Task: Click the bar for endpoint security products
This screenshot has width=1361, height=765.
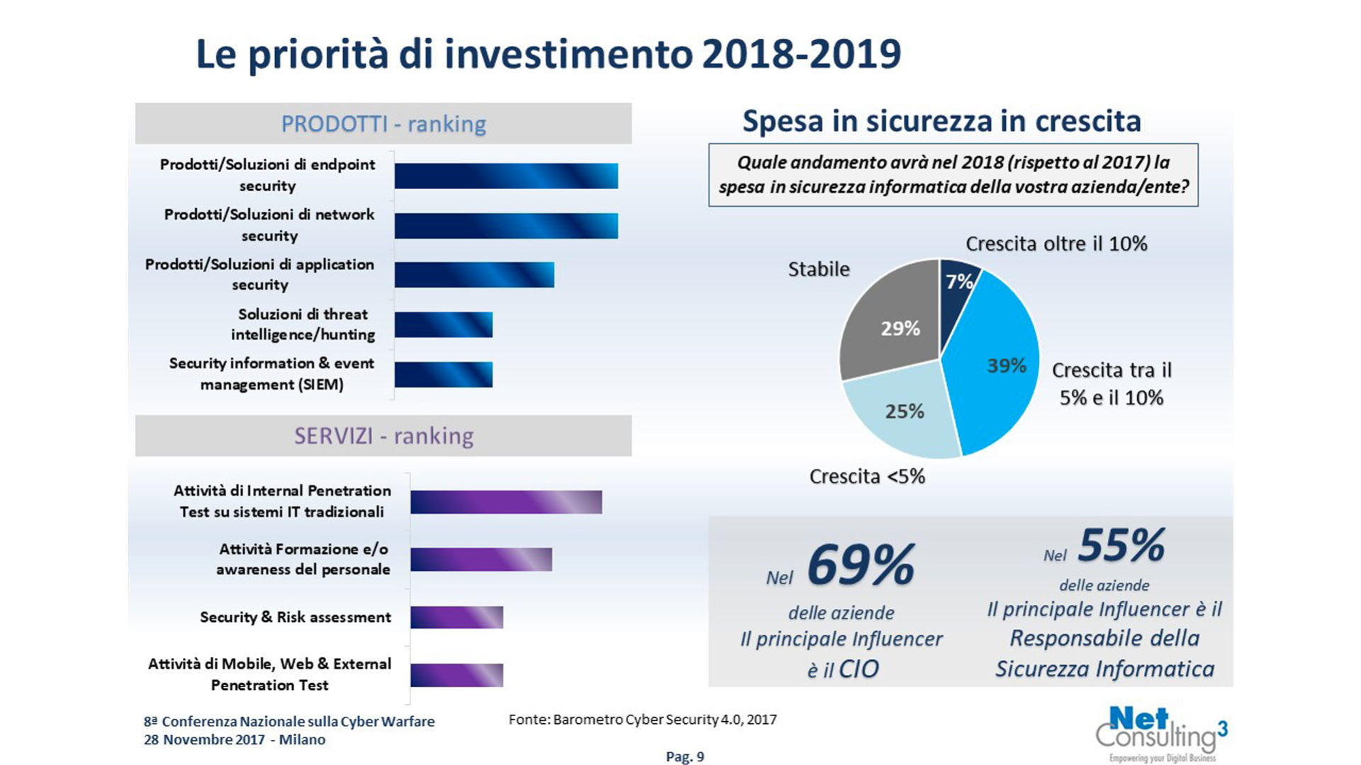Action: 505,176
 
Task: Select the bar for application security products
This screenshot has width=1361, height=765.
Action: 474,275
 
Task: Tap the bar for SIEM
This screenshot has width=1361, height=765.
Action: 443,375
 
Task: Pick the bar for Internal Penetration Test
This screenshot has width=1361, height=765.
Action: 505,502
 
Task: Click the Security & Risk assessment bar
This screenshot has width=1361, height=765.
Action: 457,617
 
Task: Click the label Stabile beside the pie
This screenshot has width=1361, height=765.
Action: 819,269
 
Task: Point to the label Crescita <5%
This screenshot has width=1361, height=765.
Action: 867,477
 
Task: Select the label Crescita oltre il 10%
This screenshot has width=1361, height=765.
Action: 1056,244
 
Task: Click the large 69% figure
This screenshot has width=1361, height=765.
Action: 861,565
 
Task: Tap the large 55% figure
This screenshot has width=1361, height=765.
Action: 1121,545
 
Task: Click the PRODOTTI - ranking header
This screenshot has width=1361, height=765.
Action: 383,124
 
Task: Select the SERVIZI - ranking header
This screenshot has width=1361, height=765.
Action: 383,436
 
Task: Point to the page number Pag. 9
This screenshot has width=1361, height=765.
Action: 685,756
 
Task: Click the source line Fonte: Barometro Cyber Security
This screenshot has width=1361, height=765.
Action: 642,720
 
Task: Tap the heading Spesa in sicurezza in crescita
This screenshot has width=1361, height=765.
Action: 941,121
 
